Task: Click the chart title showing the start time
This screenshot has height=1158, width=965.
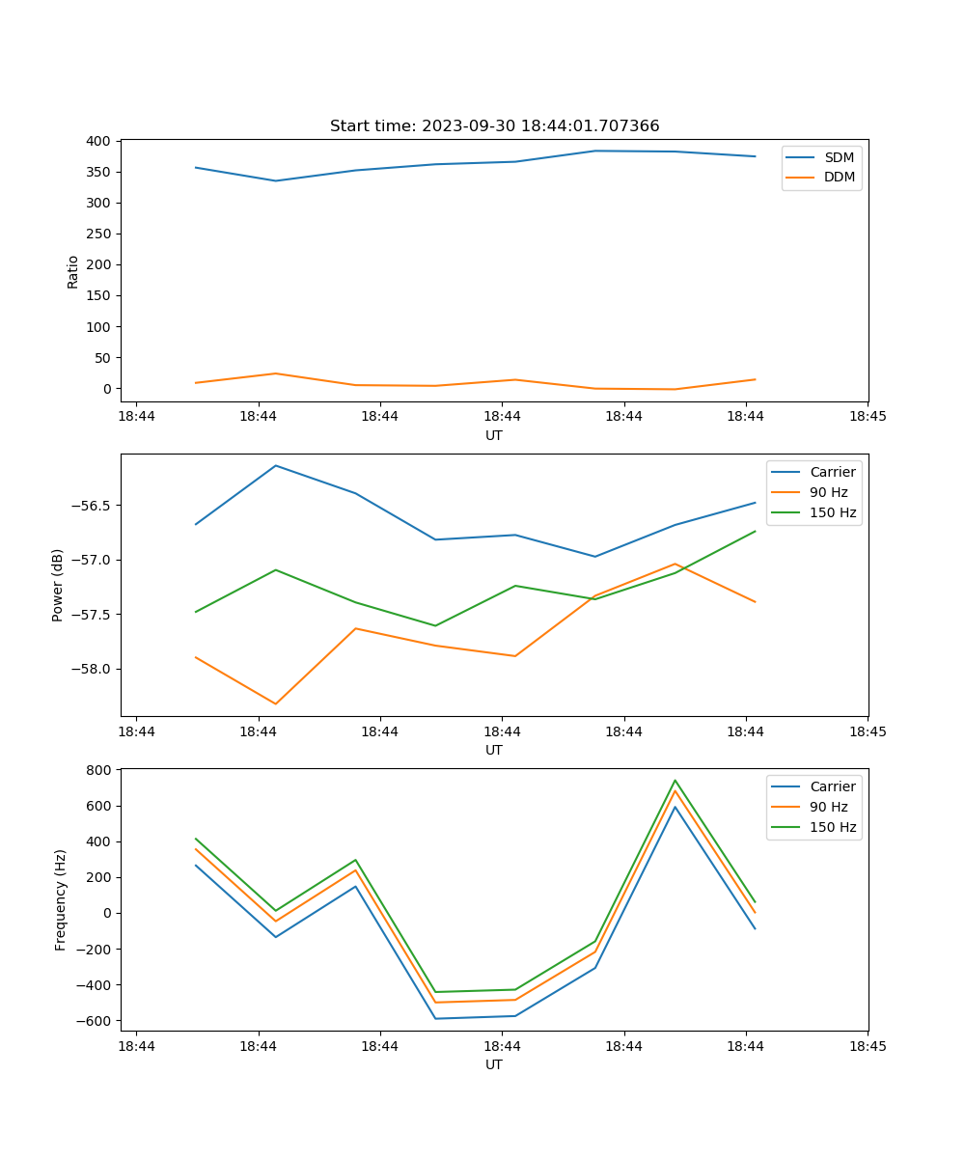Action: coord(494,126)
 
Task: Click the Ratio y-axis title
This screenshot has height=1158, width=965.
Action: coord(73,271)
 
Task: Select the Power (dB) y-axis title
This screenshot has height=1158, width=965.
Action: coord(58,585)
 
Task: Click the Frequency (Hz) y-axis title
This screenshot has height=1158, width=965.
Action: coord(61,899)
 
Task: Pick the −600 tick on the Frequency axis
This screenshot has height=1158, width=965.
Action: coord(96,1021)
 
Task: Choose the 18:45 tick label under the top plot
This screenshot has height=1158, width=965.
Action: coord(867,417)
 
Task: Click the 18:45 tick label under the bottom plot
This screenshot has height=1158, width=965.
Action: coord(867,1046)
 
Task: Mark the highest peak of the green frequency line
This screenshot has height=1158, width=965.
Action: coord(675,781)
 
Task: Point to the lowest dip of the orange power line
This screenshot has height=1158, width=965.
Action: coord(276,703)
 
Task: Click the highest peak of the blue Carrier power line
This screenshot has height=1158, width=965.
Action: coord(276,466)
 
